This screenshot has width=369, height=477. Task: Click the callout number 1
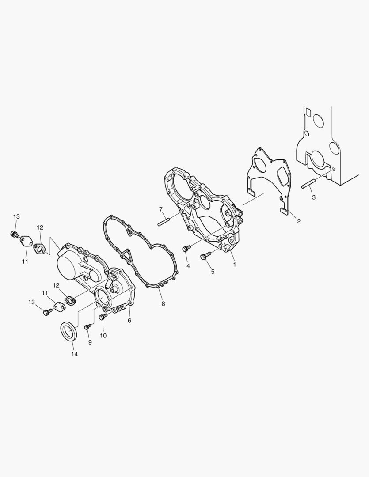point(234,265)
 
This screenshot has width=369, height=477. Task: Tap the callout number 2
point(299,221)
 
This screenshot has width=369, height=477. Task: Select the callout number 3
point(314,197)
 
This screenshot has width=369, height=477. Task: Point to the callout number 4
point(188,266)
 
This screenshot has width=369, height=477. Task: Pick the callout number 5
point(213,272)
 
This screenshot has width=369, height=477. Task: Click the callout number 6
point(129,321)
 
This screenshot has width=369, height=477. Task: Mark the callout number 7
point(161,209)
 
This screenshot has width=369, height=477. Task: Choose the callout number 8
point(163,303)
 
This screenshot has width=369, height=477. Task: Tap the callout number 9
point(90,342)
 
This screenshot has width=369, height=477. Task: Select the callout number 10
point(103,336)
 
